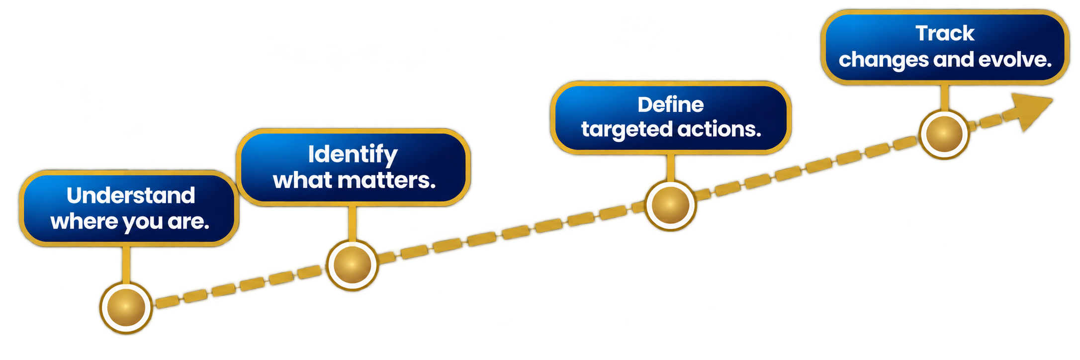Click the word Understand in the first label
(x=131, y=195)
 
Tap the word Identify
(x=353, y=155)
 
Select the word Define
(x=671, y=105)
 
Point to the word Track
(x=945, y=33)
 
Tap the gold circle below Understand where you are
(x=126, y=307)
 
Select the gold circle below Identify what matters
(x=352, y=265)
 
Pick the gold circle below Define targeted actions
(x=670, y=205)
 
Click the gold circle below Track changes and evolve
(x=944, y=134)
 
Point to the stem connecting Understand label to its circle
(x=126, y=264)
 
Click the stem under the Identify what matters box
(x=352, y=223)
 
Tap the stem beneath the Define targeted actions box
(x=670, y=167)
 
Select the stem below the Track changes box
(x=944, y=97)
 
